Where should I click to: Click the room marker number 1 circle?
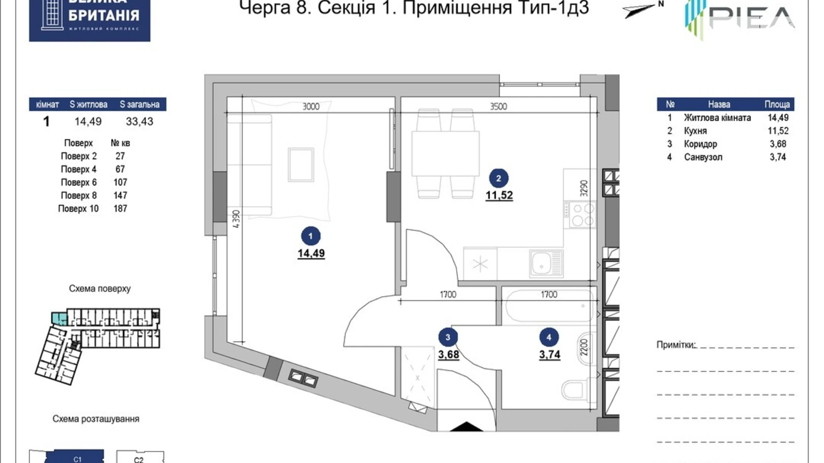point(310,236)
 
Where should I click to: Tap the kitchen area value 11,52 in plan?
point(499,195)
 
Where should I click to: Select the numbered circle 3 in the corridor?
point(448,337)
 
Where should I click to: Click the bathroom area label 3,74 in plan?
point(549,354)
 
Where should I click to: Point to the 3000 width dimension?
point(311,106)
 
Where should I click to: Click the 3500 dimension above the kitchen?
point(498,106)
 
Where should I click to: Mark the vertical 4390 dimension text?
point(237,219)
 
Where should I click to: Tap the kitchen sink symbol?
point(546,263)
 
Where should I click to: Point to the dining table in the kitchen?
point(445,154)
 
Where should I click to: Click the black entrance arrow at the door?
point(466,427)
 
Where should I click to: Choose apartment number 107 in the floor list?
point(120,183)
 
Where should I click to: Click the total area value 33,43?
point(139,122)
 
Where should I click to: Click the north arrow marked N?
point(641,9)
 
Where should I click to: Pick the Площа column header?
point(777,105)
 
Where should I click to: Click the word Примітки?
point(675,345)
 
